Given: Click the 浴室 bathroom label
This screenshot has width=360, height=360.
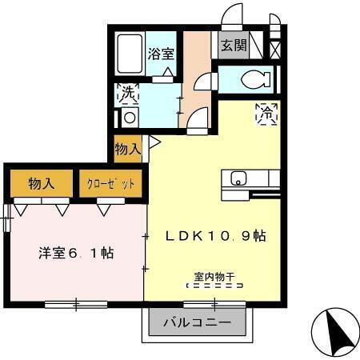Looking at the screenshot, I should tap(162, 54).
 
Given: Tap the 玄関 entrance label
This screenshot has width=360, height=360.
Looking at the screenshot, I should tap(234, 46).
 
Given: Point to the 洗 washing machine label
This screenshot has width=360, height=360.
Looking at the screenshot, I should tap(127, 93).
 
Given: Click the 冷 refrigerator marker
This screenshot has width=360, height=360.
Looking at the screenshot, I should tap(266, 113).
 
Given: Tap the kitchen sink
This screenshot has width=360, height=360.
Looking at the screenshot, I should tap(237, 178).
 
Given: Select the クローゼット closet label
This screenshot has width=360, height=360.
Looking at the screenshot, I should tap(111, 183).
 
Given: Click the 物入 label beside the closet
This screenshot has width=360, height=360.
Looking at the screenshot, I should tap(41, 183).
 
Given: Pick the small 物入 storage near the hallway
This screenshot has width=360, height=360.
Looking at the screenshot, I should tap(127, 148).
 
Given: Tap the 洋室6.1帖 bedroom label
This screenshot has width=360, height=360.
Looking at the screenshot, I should tap(76, 253).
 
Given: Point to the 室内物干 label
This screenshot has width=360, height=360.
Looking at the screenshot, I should tap(213, 274).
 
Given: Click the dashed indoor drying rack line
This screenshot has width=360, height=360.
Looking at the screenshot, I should tap(213, 285).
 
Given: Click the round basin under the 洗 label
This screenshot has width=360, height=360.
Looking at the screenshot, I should tap(128, 117).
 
